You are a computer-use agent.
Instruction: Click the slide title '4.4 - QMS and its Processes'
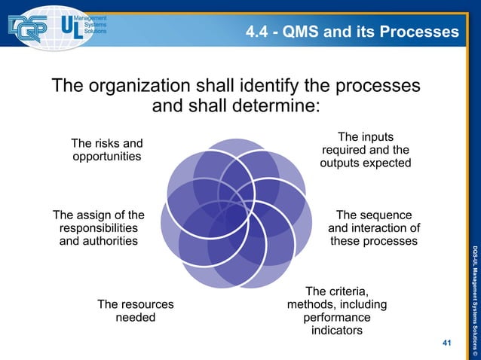(352, 32)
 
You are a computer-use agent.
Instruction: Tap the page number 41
(447, 343)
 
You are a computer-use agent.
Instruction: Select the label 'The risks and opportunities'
(107, 150)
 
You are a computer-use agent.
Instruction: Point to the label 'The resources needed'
(136, 311)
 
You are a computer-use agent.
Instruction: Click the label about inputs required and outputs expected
(366, 150)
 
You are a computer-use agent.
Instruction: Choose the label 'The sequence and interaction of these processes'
(374, 228)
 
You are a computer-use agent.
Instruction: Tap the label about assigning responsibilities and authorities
(99, 228)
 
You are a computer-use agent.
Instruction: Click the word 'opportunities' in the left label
(107, 157)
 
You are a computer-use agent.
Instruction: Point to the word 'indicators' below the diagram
(337, 331)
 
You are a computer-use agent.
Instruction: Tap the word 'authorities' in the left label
(99, 241)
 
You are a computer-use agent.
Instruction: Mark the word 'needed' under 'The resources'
(136, 318)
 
